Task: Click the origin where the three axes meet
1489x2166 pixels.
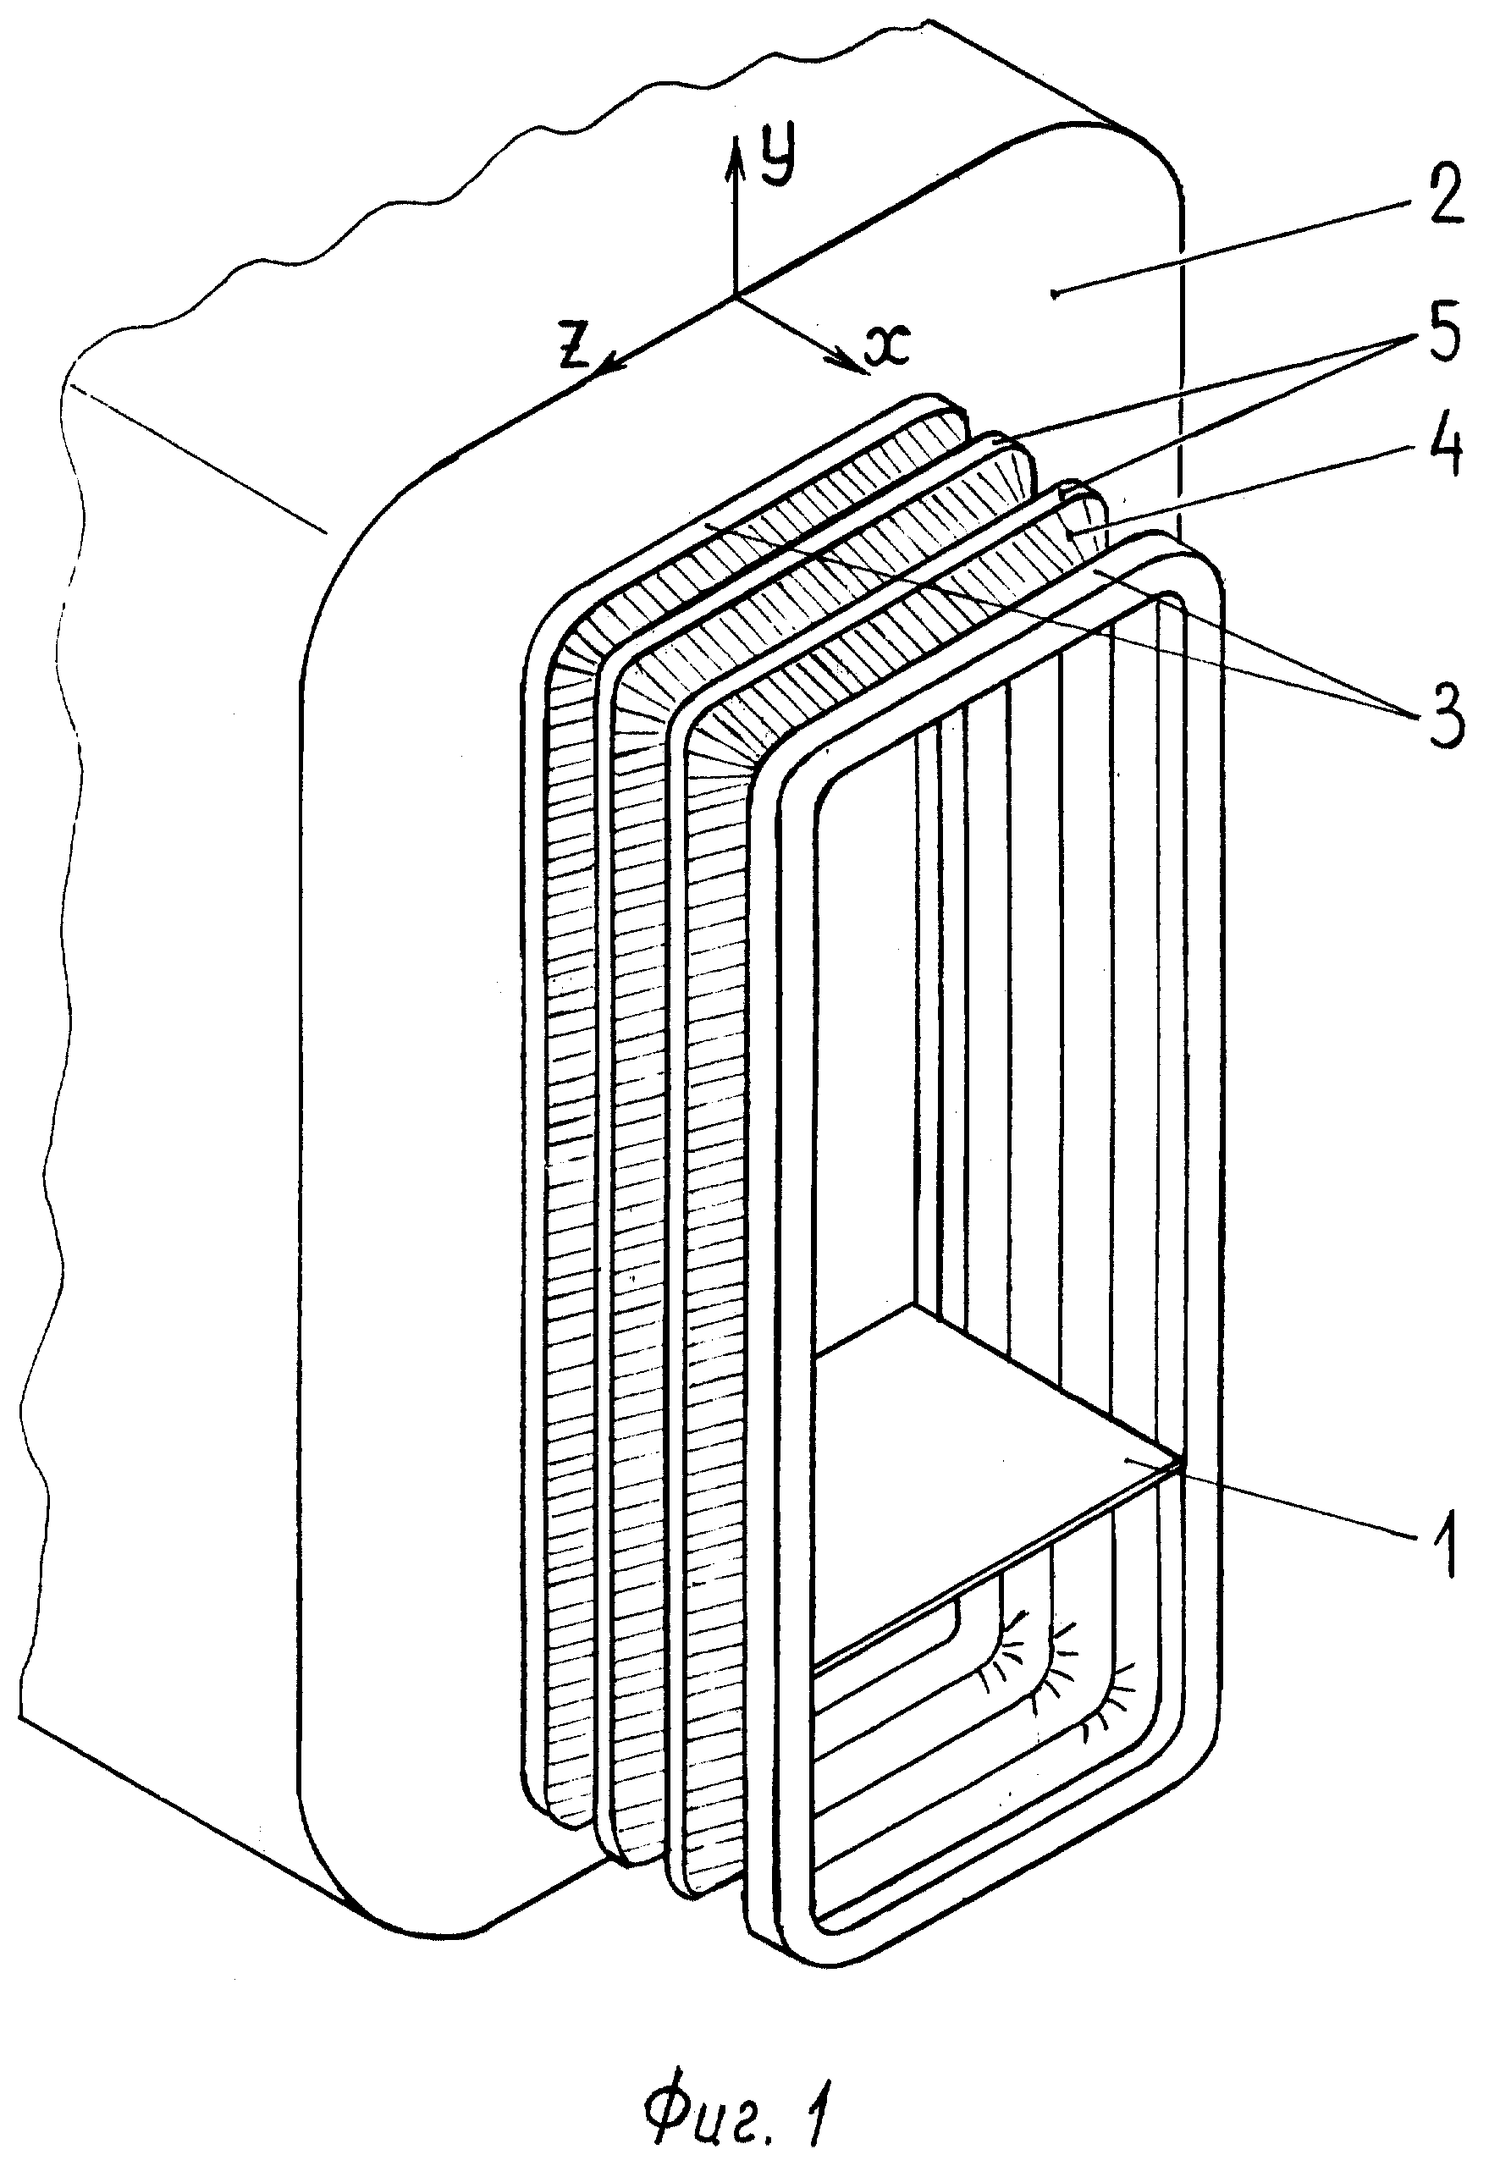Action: click(736, 296)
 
